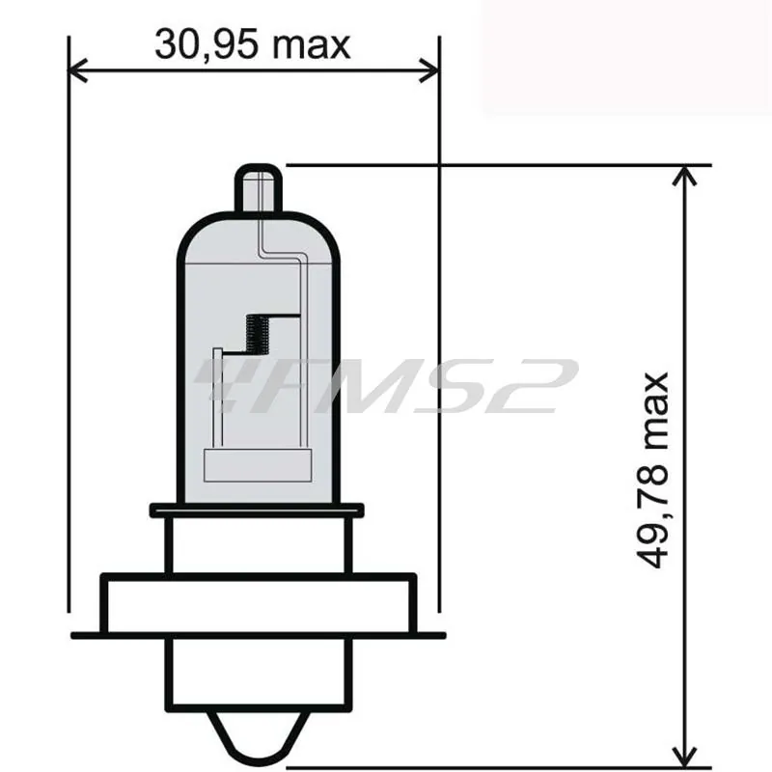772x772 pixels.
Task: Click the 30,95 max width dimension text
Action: click(253, 44)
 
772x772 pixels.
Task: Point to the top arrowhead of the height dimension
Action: click(685, 176)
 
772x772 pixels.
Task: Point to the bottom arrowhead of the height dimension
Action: click(685, 753)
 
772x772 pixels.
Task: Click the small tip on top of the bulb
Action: click(259, 188)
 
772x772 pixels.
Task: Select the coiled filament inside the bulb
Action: click(258, 335)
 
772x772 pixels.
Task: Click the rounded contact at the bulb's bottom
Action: click(259, 738)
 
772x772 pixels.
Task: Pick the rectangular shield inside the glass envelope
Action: click(259, 466)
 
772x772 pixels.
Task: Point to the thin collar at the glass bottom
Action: click(257, 510)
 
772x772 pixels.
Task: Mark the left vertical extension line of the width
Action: click(69, 338)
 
